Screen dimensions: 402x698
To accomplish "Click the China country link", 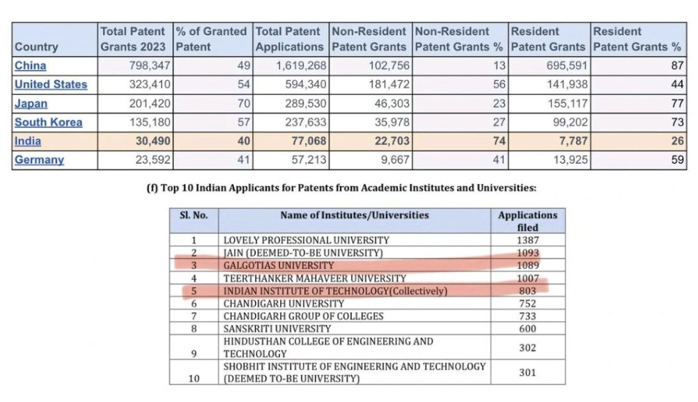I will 31,65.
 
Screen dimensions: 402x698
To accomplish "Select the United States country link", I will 51,84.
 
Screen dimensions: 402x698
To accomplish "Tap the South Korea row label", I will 48,122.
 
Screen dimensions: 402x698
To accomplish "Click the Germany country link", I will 39,160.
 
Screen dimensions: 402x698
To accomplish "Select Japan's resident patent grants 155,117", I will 560,103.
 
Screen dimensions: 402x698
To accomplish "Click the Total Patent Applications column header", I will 289,39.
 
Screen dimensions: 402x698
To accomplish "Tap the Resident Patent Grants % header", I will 636,39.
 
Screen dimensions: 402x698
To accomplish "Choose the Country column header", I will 36,47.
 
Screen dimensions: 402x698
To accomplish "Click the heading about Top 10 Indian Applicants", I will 341,188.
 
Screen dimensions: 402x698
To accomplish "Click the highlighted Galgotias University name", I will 279,265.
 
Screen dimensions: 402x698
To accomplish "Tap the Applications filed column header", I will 527,221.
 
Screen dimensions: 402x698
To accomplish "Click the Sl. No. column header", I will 194,215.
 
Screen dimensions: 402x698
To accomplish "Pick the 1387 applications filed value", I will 527,240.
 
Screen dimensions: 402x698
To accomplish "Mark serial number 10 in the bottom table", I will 194,378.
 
